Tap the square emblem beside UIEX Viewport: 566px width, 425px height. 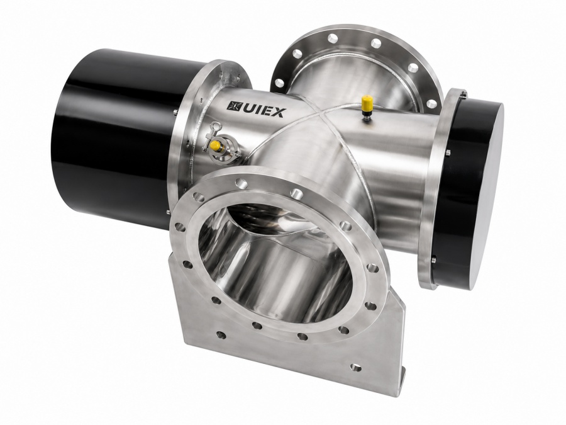coord(231,105)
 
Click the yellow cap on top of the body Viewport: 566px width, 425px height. coord(367,101)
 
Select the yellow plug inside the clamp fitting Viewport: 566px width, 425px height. coord(216,146)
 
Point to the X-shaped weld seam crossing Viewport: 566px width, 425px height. coord(318,114)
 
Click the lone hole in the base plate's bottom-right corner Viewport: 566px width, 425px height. coord(356,368)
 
